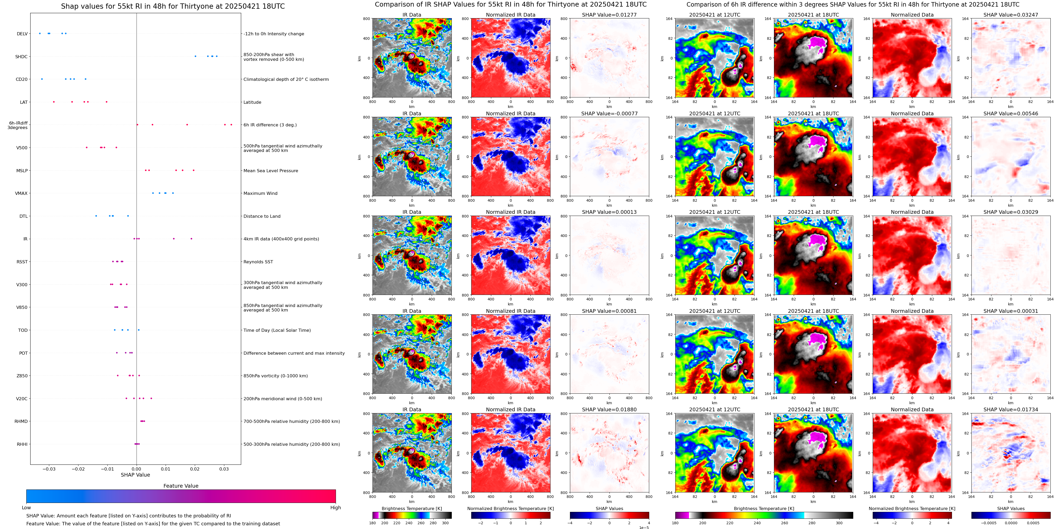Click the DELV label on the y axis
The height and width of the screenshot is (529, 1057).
coord(22,34)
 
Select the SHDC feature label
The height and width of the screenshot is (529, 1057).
coord(21,57)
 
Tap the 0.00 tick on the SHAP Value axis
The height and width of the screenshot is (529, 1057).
coord(136,469)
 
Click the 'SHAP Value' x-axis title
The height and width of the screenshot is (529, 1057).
coord(135,475)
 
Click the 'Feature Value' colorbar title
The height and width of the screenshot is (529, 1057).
coord(181,486)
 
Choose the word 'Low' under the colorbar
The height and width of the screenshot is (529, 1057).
coord(26,508)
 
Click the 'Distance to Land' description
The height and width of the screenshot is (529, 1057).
coord(262,216)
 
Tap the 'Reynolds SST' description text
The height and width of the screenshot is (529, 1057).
coord(258,262)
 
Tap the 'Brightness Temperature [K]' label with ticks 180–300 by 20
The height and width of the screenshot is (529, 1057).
coord(411,508)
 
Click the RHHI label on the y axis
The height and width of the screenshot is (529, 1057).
coord(22,444)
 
